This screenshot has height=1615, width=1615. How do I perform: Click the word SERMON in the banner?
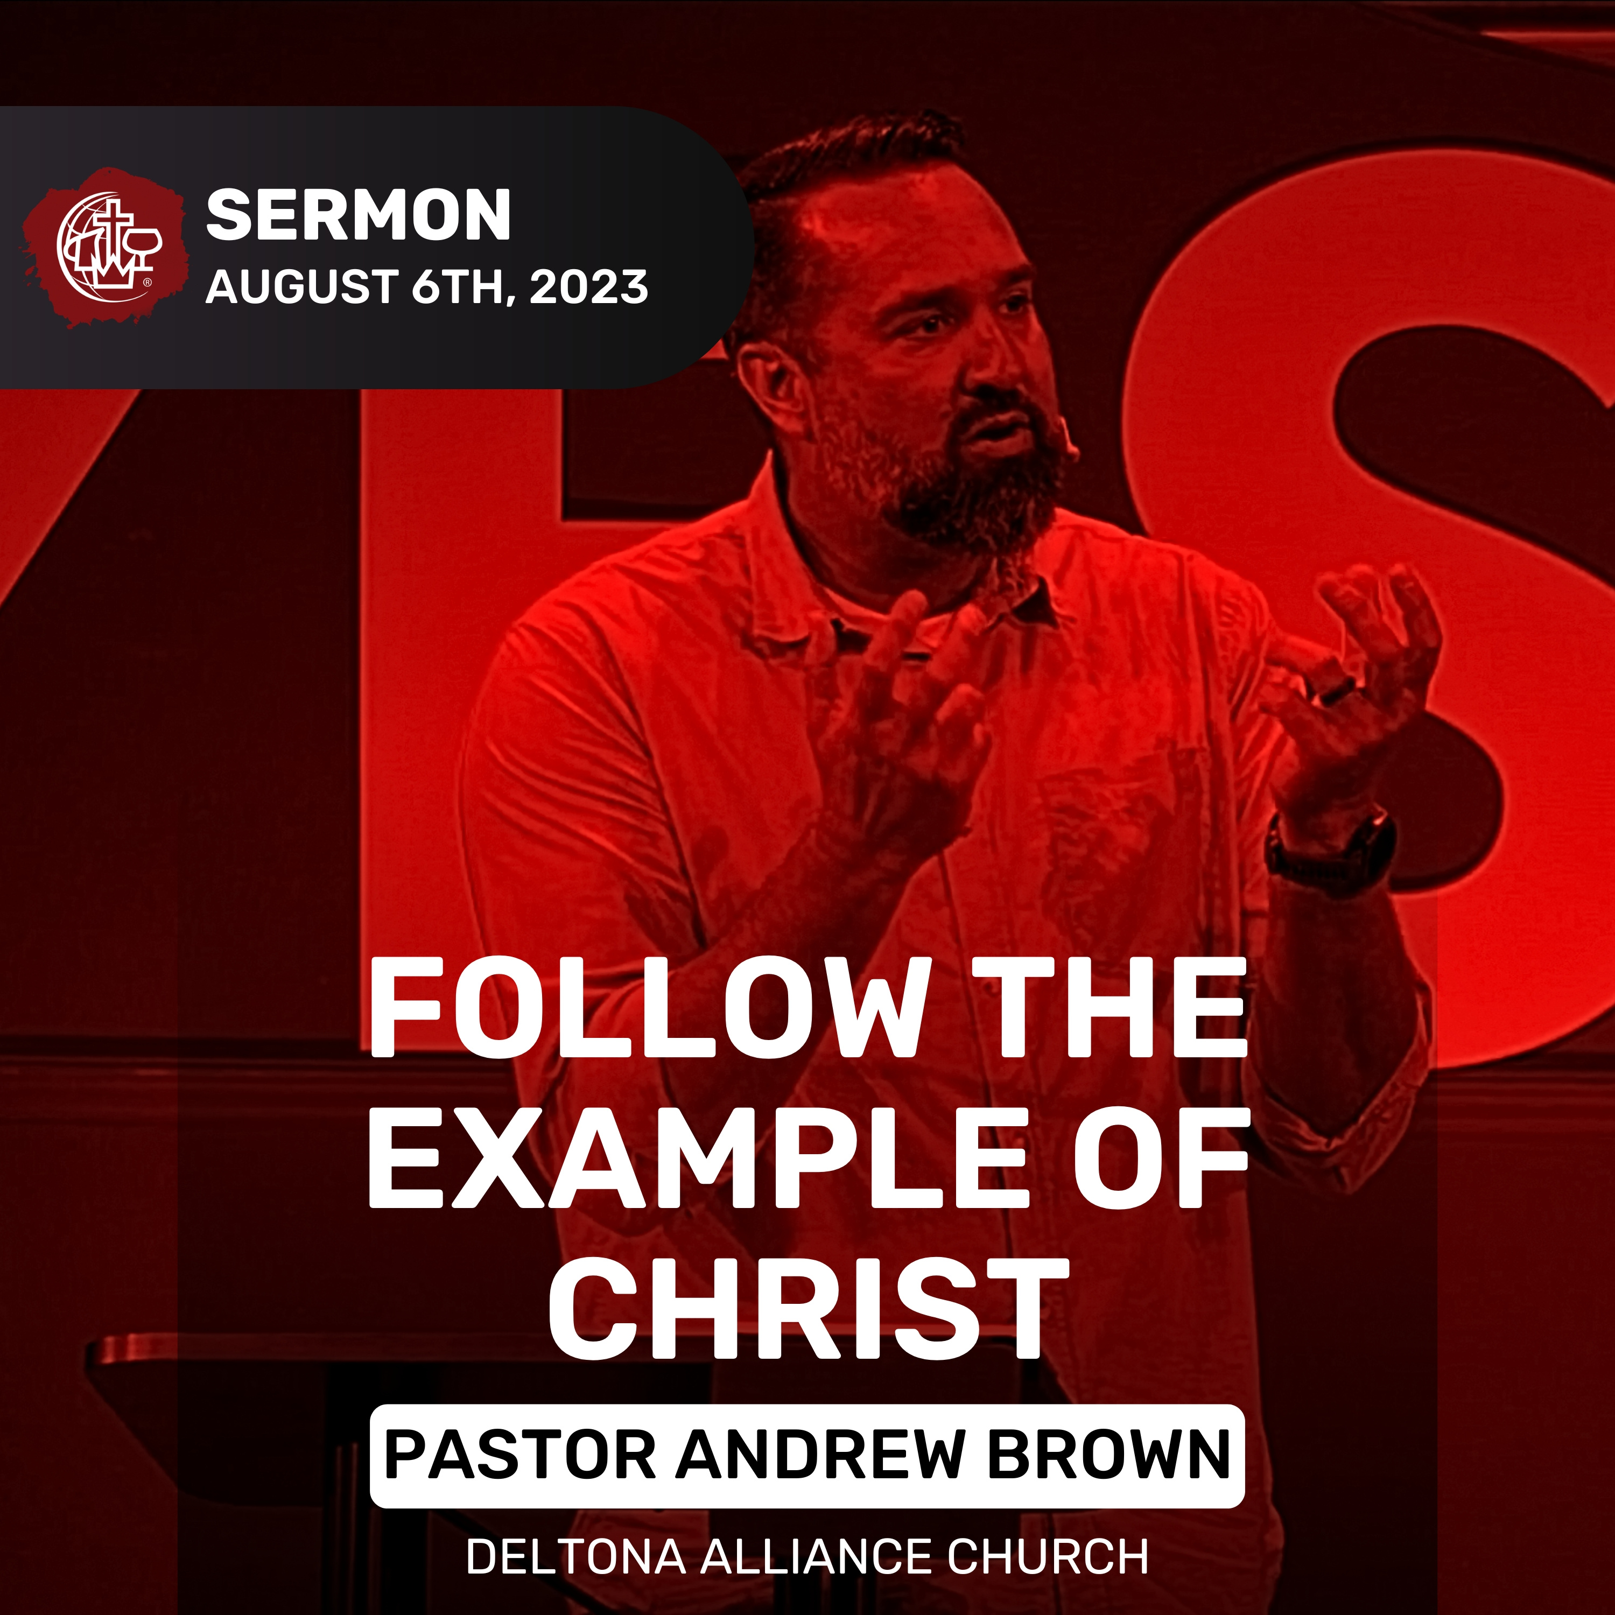pos(358,216)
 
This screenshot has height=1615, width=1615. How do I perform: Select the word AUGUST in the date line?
pos(301,287)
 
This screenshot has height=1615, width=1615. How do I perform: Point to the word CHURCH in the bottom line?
pos(1048,1556)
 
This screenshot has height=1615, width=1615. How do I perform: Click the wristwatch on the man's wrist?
pos(1329,848)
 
